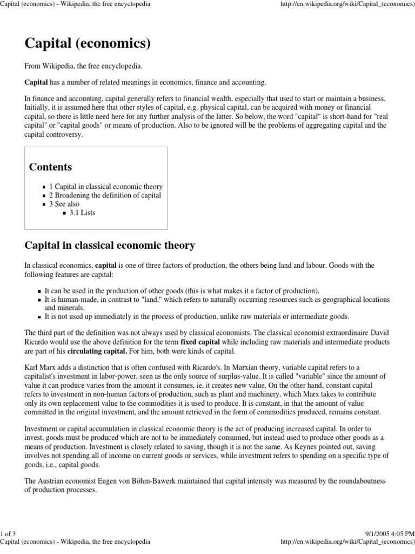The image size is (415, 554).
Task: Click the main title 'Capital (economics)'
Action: [88, 43]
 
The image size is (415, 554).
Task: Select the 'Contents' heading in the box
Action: [50, 167]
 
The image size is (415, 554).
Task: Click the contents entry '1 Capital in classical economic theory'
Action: [105, 187]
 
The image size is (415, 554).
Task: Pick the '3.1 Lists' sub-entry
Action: [82, 213]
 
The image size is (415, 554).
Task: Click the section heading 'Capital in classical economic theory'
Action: [110, 245]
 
